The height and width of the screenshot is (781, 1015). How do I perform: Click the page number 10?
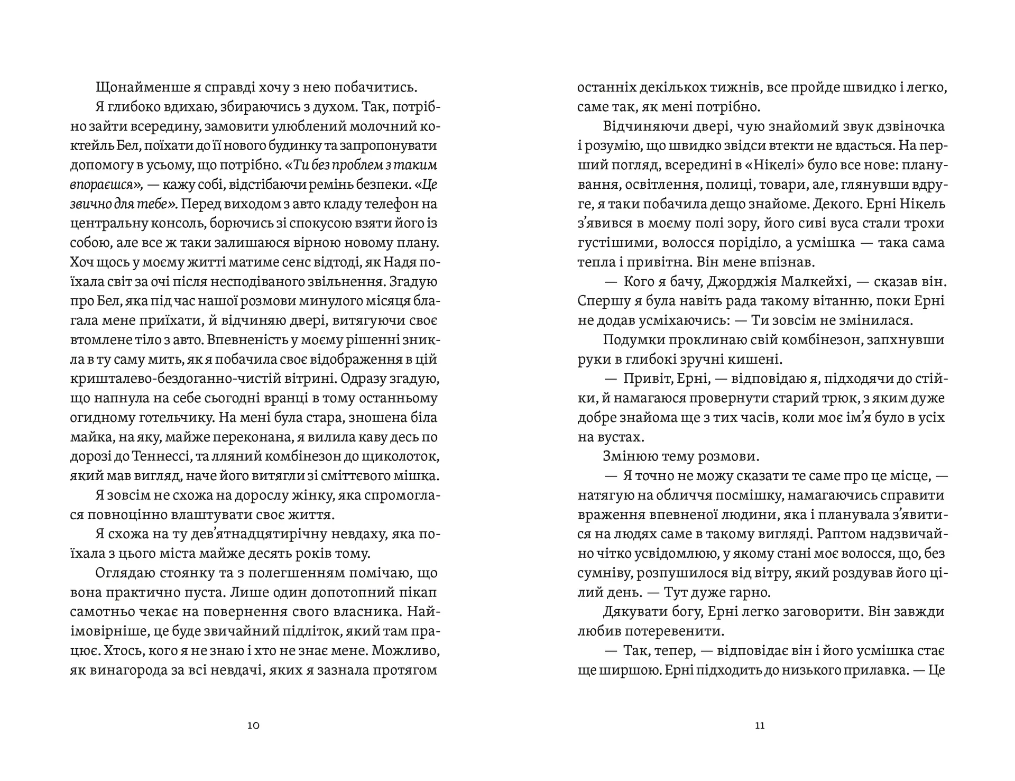pyautogui.click(x=253, y=725)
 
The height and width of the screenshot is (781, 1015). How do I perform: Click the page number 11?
pyautogui.click(x=760, y=725)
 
